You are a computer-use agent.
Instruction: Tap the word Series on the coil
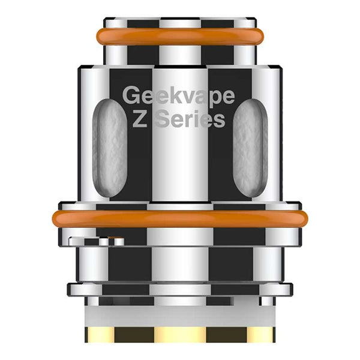pyautogui.click(x=189, y=119)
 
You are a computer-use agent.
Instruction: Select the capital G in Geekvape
pyautogui.click(x=130, y=95)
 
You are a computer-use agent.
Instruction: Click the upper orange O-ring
pyautogui.click(x=180, y=37)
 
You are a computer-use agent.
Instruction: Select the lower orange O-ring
pyautogui.click(x=180, y=218)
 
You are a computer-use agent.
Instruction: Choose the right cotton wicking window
pyautogui.click(x=250, y=147)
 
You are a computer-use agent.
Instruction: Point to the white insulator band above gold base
pyautogui.click(x=180, y=314)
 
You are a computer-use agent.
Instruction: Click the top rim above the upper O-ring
pyautogui.click(x=180, y=23)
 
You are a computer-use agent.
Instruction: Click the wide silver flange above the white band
pyautogui.click(x=180, y=290)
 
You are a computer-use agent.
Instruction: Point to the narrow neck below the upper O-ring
pyautogui.click(x=180, y=55)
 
